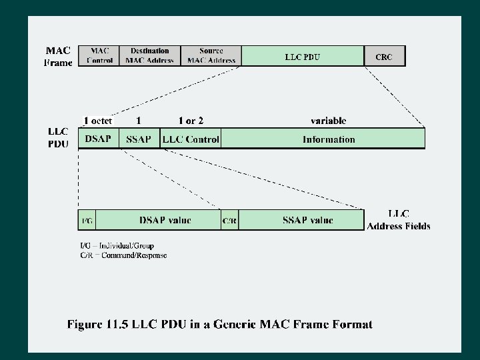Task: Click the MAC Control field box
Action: (100, 55)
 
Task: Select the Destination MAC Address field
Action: (150, 55)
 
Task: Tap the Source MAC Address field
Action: (211, 55)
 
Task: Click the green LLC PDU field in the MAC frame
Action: (303, 56)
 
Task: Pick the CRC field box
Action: (384, 56)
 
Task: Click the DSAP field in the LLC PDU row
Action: (99, 139)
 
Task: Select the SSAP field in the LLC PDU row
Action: (139, 139)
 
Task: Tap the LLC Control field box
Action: (191, 139)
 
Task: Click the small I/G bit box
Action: (87, 220)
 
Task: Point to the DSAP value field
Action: (159, 220)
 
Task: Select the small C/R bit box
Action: (229, 220)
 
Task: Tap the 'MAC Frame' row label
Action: (59, 56)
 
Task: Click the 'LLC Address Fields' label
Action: (399, 220)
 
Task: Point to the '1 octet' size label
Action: (97, 121)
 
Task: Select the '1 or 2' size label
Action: (191, 121)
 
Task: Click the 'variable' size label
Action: (328, 121)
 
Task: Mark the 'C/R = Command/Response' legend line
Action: (124, 255)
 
